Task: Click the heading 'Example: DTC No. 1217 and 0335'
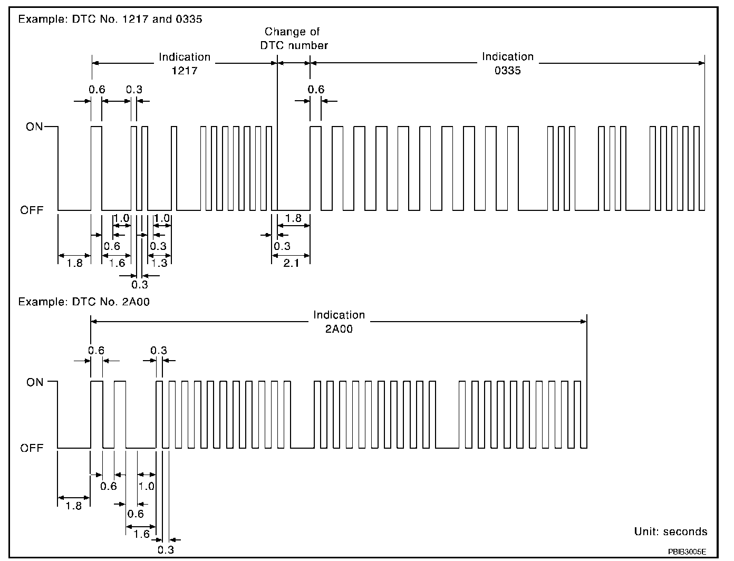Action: tap(110, 20)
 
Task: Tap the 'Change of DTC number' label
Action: tap(294, 38)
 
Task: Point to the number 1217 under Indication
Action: tap(185, 70)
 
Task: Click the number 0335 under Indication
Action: tap(507, 70)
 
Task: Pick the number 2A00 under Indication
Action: tap(339, 329)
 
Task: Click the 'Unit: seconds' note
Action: tap(670, 531)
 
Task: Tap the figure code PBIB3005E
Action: tap(687, 552)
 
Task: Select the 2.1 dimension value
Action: tap(291, 263)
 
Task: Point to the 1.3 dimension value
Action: tap(159, 263)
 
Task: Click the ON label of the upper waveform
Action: tap(34, 127)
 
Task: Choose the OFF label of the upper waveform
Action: tap(32, 210)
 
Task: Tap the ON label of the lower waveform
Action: tap(35, 382)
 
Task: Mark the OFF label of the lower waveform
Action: tap(32, 448)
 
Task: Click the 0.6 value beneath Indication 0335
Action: tap(316, 90)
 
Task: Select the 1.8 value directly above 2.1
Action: tap(293, 218)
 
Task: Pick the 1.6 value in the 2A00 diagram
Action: tap(141, 534)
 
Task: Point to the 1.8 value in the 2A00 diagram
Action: tap(74, 506)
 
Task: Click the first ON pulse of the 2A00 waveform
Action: tap(96, 414)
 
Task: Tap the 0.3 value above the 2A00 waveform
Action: tap(159, 351)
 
